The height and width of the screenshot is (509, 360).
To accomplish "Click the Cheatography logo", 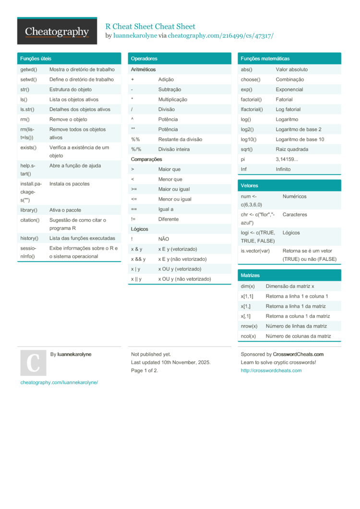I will (x=57, y=32).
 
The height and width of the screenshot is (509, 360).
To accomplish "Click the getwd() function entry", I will (x=29, y=70).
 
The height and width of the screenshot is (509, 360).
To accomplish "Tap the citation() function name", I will (x=30, y=220).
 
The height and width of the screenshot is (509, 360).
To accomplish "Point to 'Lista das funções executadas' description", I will (x=82, y=238).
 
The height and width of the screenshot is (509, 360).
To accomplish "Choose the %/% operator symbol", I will (x=136, y=149).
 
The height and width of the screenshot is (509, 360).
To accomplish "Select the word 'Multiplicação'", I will (x=173, y=99).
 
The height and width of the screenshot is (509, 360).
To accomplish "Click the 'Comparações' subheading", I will (x=146, y=159).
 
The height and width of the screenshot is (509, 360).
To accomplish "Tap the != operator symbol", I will (x=133, y=219).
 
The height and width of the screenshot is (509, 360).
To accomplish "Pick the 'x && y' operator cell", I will (x=138, y=259).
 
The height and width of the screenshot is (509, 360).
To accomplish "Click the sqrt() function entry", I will (x=248, y=149).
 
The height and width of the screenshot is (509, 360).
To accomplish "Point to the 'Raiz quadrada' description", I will (x=292, y=149).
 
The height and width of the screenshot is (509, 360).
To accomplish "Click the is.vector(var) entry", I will (x=255, y=251).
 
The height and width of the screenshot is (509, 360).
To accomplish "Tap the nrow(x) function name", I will (x=249, y=326).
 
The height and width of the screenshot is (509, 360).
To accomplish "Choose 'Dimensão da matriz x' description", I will (x=290, y=286).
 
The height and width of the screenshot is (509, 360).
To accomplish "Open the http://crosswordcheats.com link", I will (x=271, y=370).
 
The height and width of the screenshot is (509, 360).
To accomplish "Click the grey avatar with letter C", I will (x=33, y=363).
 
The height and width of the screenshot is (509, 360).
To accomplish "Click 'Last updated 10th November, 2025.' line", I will (x=170, y=362).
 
